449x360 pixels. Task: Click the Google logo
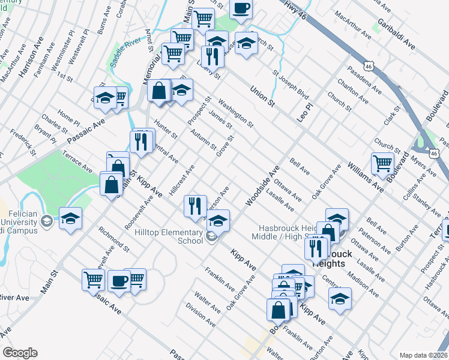pyautogui.click(x=20, y=353)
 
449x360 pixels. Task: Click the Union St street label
pyautogui.click(x=262, y=97)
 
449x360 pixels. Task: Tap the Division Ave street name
pyautogui.click(x=200, y=315)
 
